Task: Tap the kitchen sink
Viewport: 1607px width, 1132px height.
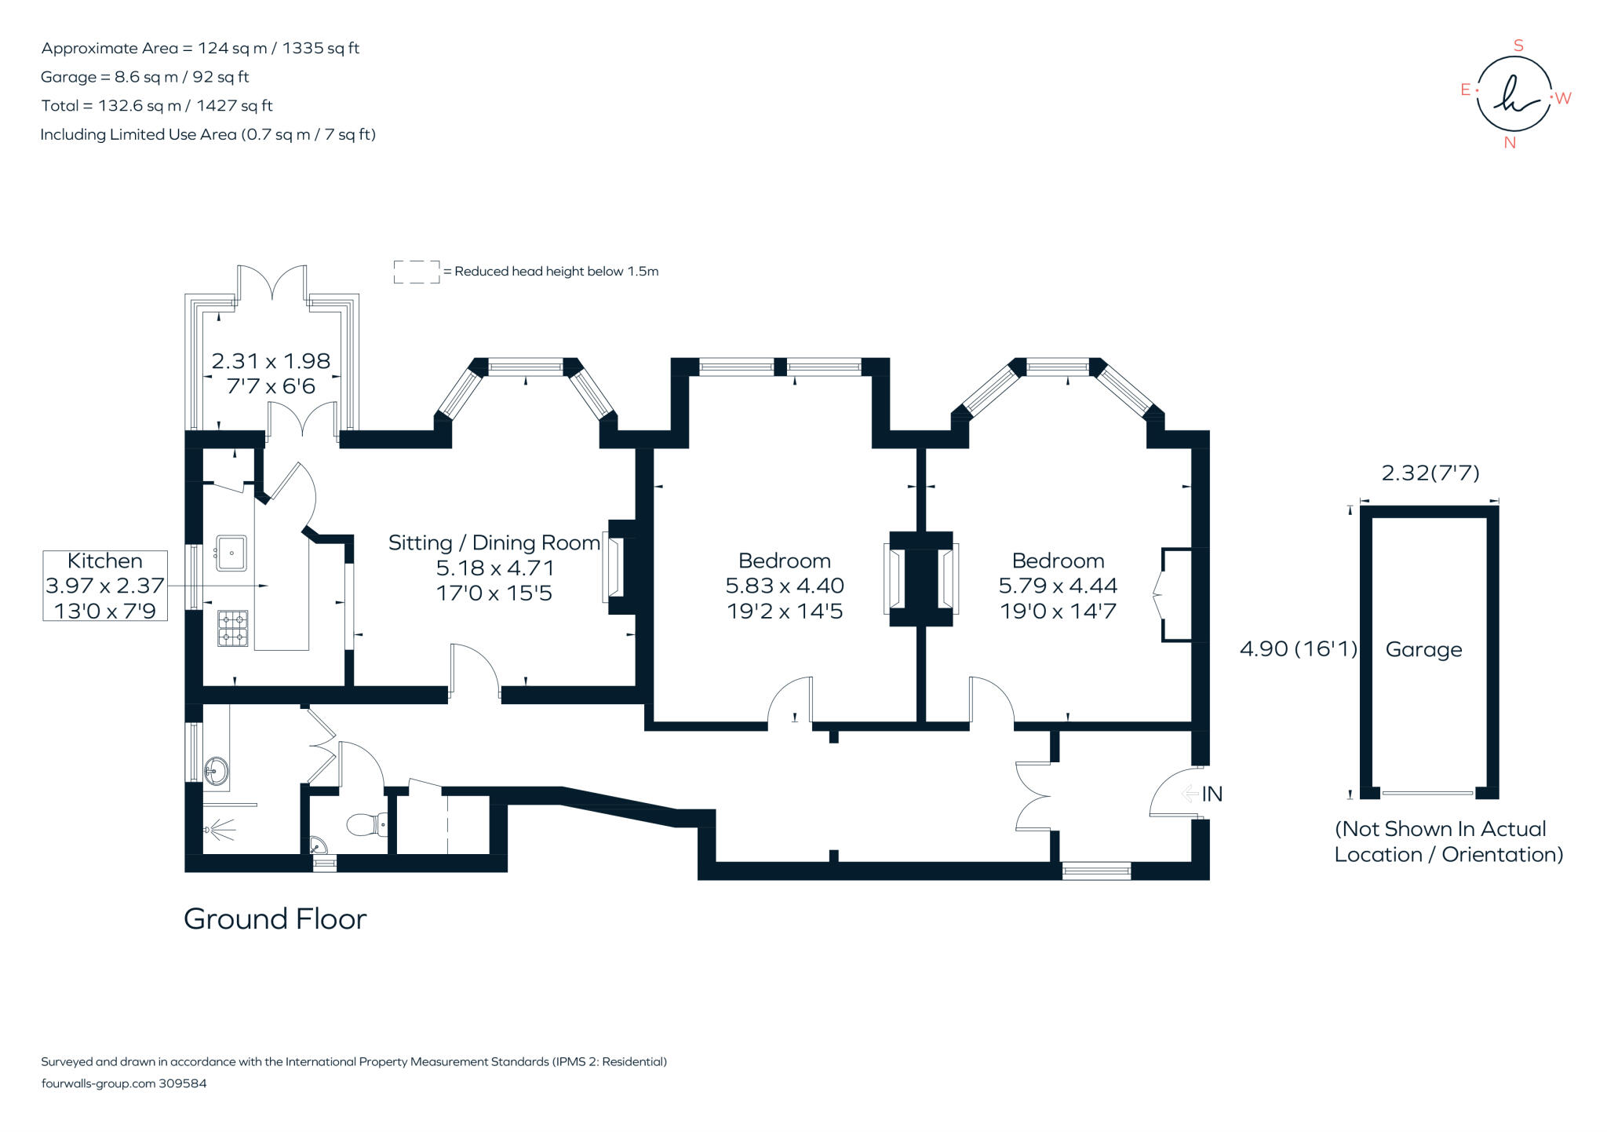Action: (x=231, y=553)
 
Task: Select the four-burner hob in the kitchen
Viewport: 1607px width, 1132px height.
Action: (x=232, y=628)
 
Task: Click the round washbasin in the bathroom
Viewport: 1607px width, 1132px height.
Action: (x=216, y=771)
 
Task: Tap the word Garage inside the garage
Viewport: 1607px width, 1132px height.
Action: (x=1423, y=649)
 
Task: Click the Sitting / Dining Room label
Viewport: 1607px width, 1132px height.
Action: (x=494, y=542)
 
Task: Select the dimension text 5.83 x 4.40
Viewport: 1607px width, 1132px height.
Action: (x=784, y=586)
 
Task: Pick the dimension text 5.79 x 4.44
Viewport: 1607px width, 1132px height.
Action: (x=1057, y=586)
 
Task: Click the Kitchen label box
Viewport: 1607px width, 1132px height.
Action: (x=105, y=586)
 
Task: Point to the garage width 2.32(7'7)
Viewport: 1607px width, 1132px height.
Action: (x=1430, y=473)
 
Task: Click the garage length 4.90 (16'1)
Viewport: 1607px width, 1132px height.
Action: (x=1298, y=648)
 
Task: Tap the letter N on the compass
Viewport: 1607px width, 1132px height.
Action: (x=1509, y=143)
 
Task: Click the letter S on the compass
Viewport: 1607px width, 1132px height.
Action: (x=1518, y=46)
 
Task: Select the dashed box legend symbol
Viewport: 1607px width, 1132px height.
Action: (x=416, y=272)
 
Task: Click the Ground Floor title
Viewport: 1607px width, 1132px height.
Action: (x=275, y=918)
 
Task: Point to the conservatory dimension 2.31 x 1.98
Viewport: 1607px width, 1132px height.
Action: (x=271, y=361)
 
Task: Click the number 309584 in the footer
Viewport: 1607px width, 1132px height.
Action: (x=183, y=1083)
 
